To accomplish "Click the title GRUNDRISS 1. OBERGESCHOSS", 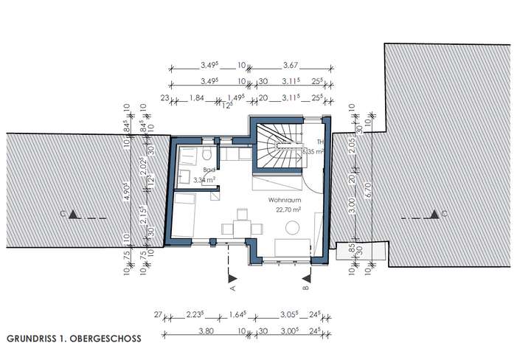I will [x=73, y=339].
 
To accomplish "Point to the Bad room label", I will [x=198, y=170].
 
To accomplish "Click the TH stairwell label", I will [x=320, y=142].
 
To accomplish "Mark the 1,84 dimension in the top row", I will [x=196, y=97].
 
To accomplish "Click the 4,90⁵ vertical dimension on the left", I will [x=127, y=193].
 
